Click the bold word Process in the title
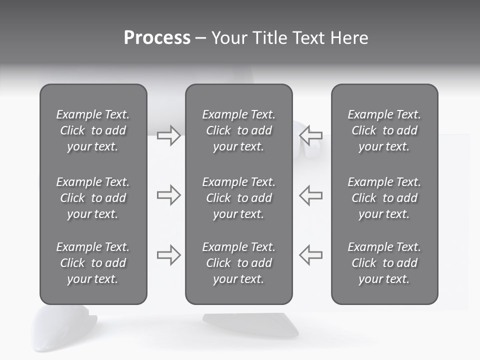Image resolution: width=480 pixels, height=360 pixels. (x=157, y=38)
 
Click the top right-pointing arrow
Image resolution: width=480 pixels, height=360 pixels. (x=168, y=135)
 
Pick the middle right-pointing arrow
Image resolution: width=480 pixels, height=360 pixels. (x=168, y=195)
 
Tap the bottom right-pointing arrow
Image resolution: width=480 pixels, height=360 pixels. (x=168, y=255)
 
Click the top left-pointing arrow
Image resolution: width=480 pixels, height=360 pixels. (x=310, y=135)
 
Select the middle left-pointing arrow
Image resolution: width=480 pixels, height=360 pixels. (x=310, y=195)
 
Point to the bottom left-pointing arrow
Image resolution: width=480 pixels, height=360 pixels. (x=310, y=255)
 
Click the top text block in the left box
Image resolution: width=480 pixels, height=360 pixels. (x=93, y=130)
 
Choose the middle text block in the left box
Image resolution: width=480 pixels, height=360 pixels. (x=93, y=198)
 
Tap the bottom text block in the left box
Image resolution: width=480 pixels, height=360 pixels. (x=93, y=263)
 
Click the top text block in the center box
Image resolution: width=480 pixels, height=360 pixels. (x=239, y=130)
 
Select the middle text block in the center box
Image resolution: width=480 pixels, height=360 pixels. (x=239, y=198)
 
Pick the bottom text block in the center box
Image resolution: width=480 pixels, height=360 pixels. (x=239, y=263)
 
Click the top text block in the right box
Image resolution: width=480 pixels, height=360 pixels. (x=384, y=130)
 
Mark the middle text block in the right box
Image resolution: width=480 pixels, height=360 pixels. (x=384, y=198)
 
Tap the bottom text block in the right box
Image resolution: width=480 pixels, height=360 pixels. (x=384, y=263)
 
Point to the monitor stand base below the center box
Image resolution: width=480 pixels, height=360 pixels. (x=250, y=323)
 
